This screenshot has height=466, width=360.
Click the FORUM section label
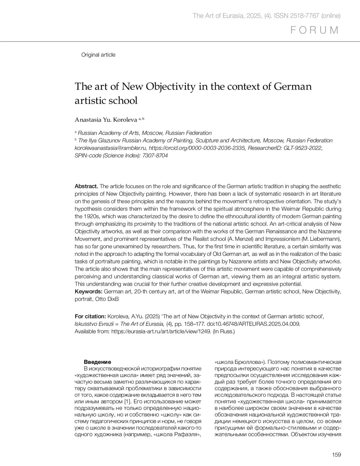(315, 30)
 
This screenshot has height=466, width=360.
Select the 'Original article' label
(98, 55)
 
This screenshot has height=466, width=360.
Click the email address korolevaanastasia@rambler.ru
(110, 148)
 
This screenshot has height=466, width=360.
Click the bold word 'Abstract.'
(86, 186)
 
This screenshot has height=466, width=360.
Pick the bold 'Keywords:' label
(88, 292)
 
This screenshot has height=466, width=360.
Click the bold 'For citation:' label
(90, 316)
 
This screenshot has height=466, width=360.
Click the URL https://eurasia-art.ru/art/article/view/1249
(161, 331)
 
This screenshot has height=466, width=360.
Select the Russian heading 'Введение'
(97, 362)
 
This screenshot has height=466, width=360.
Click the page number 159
(337, 455)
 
